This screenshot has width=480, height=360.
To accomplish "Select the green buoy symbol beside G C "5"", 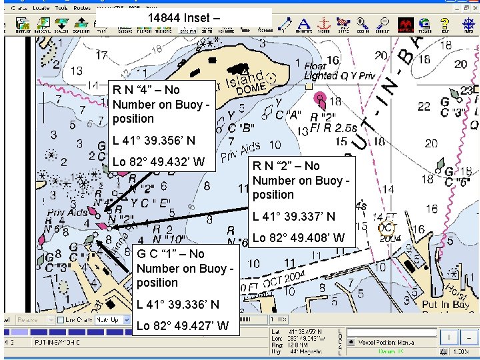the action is coord(449,173).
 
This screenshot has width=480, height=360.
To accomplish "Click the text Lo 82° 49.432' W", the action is coord(159,162).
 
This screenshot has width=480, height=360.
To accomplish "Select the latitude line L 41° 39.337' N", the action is coord(294,217).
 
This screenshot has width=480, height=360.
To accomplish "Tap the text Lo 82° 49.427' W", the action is coord(183,326).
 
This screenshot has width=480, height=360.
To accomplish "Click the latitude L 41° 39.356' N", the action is coord(154,141).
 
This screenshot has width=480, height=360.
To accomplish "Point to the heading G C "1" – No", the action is coord(171,254).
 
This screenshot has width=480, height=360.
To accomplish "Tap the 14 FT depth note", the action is coord(385,217).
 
